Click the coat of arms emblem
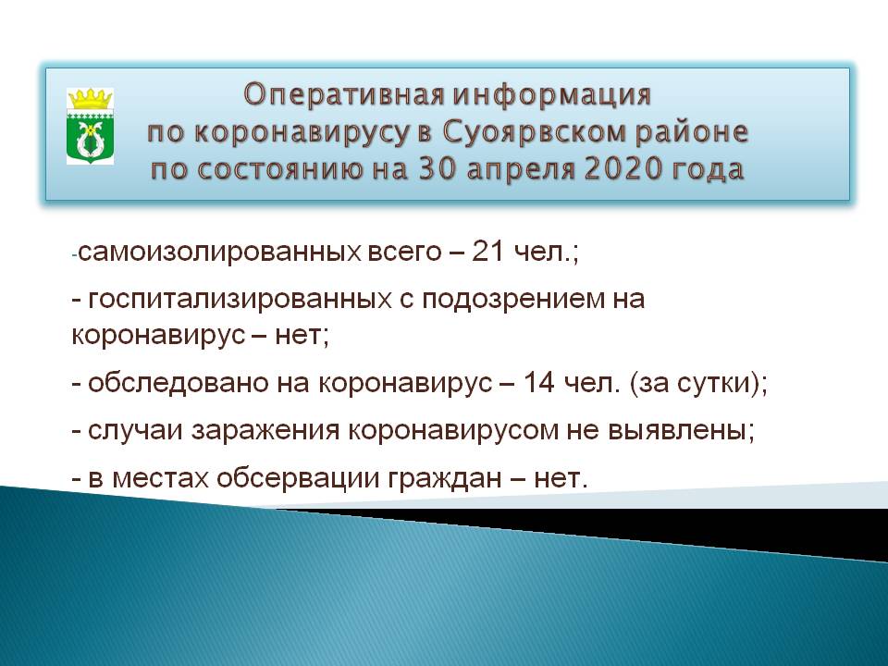point(90,126)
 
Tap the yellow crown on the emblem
point(90,99)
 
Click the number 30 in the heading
point(438,169)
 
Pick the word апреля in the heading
point(522,170)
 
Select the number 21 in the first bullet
point(487,251)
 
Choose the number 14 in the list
point(538,383)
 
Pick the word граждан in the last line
point(445,479)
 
